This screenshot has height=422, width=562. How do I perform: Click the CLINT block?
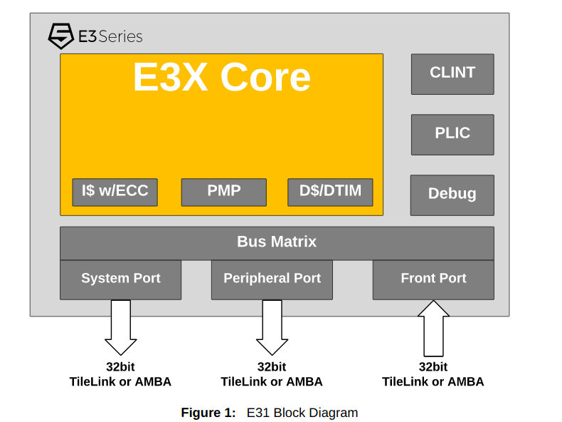click(452, 73)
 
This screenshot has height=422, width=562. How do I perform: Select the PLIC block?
click(452, 134)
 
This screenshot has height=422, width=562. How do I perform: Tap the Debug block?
click(452, 195)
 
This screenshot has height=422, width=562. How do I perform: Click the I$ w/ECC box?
click(115, 192)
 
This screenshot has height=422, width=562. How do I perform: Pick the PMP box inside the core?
click(223, 192)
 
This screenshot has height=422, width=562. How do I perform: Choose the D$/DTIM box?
click(330, 192)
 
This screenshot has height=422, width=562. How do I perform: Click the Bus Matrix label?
click(277, 242)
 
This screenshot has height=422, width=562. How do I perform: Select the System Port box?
click(120, 279)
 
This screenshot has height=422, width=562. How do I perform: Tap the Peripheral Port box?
click(272, 279)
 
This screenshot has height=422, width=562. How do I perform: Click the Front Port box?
click(433, 279)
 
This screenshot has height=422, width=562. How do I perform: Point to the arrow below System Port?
click(121, 326)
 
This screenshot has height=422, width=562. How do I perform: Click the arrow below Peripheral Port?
click(272, 326)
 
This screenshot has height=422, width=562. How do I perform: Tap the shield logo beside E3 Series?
click(60, 36)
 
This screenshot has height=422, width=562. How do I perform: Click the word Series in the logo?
click(121, 36)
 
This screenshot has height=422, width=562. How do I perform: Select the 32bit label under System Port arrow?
click(120, 367)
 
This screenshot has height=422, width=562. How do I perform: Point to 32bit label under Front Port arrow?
click(433, 367)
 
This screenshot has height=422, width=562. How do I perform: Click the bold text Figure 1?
click(208, 413)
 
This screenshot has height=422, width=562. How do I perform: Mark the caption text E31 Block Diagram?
click(302, 413)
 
